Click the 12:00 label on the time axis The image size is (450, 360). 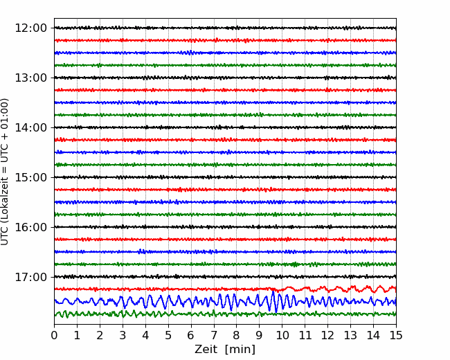[x=31, y=28]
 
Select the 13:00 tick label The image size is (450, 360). [x=31, y=78]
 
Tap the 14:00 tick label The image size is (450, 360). [x=31, y=127]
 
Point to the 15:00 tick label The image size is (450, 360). [x=31, y=177]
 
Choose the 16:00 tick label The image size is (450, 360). [x=31, y=227]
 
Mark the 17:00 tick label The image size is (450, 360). [x=31, y=277]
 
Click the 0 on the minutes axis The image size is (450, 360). [x=54, y=335]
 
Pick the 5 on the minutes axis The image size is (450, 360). [x=168, y=335]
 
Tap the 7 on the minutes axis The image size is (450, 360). [x=214, y=335]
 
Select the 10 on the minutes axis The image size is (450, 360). [x=282, y=335]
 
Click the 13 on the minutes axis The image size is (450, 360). [x=350, y=335]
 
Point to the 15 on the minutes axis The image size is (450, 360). [x=396, y=335]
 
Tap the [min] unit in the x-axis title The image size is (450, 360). [x=240, y=350]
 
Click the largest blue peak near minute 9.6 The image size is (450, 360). [x=273, y=292]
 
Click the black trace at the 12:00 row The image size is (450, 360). [x=225, y=28]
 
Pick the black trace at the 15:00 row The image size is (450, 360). [x=225, y=177]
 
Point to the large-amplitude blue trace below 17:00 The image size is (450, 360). [x=225, y=302]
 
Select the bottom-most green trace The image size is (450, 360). [x=225, y=314]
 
